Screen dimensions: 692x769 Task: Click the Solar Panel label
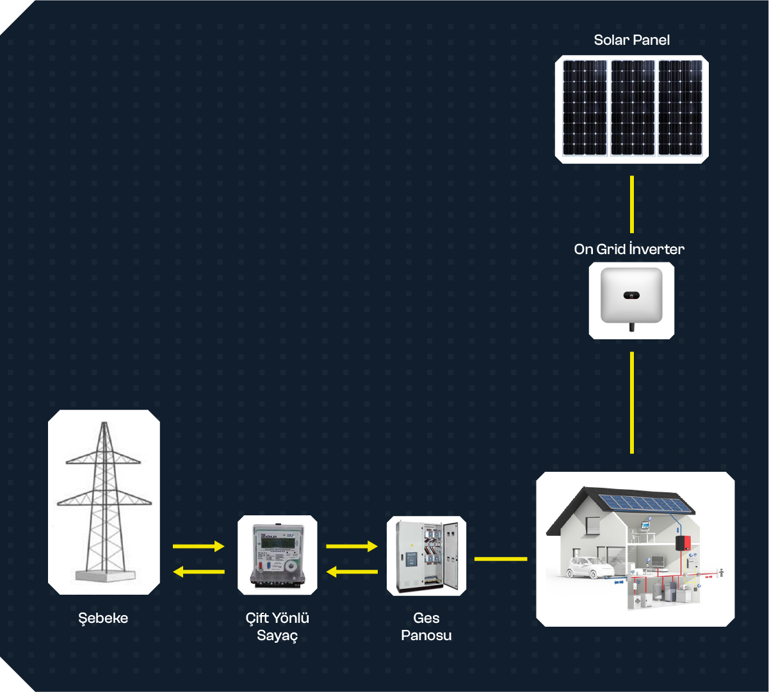[631, 40]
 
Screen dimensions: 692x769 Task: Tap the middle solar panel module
[632, 108]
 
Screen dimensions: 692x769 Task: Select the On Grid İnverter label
[629, 249]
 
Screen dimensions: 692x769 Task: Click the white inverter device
[631, 296]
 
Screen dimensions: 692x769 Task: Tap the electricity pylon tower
[104, 502]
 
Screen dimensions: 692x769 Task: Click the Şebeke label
[103, 618]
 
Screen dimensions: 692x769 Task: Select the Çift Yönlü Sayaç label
[277, 627]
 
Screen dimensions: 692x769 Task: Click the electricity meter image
[277, 554]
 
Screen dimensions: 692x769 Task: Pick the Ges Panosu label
[426, 627]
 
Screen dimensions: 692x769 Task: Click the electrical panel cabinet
[426, 556]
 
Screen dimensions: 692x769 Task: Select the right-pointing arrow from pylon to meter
[198, 546]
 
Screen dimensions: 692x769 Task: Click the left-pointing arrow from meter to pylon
[198, 571]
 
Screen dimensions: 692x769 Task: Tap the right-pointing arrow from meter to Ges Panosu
[352, 546]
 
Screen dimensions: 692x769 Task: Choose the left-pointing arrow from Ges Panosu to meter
[352, 571]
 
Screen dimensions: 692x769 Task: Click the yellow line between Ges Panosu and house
[501, 559]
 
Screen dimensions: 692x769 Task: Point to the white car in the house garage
[582, 567]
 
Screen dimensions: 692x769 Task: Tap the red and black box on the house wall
[683, 543]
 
